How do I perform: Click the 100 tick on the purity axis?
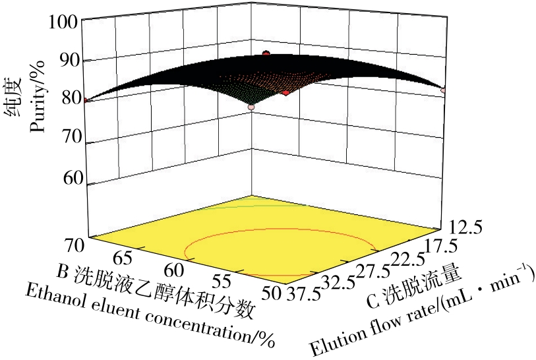(63, 22)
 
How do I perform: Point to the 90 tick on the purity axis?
(67, 61)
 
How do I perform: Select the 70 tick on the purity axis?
(67, 138)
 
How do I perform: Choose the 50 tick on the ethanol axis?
(270, 291)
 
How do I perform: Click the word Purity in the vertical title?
(41, 109)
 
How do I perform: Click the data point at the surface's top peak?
(266, 53)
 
